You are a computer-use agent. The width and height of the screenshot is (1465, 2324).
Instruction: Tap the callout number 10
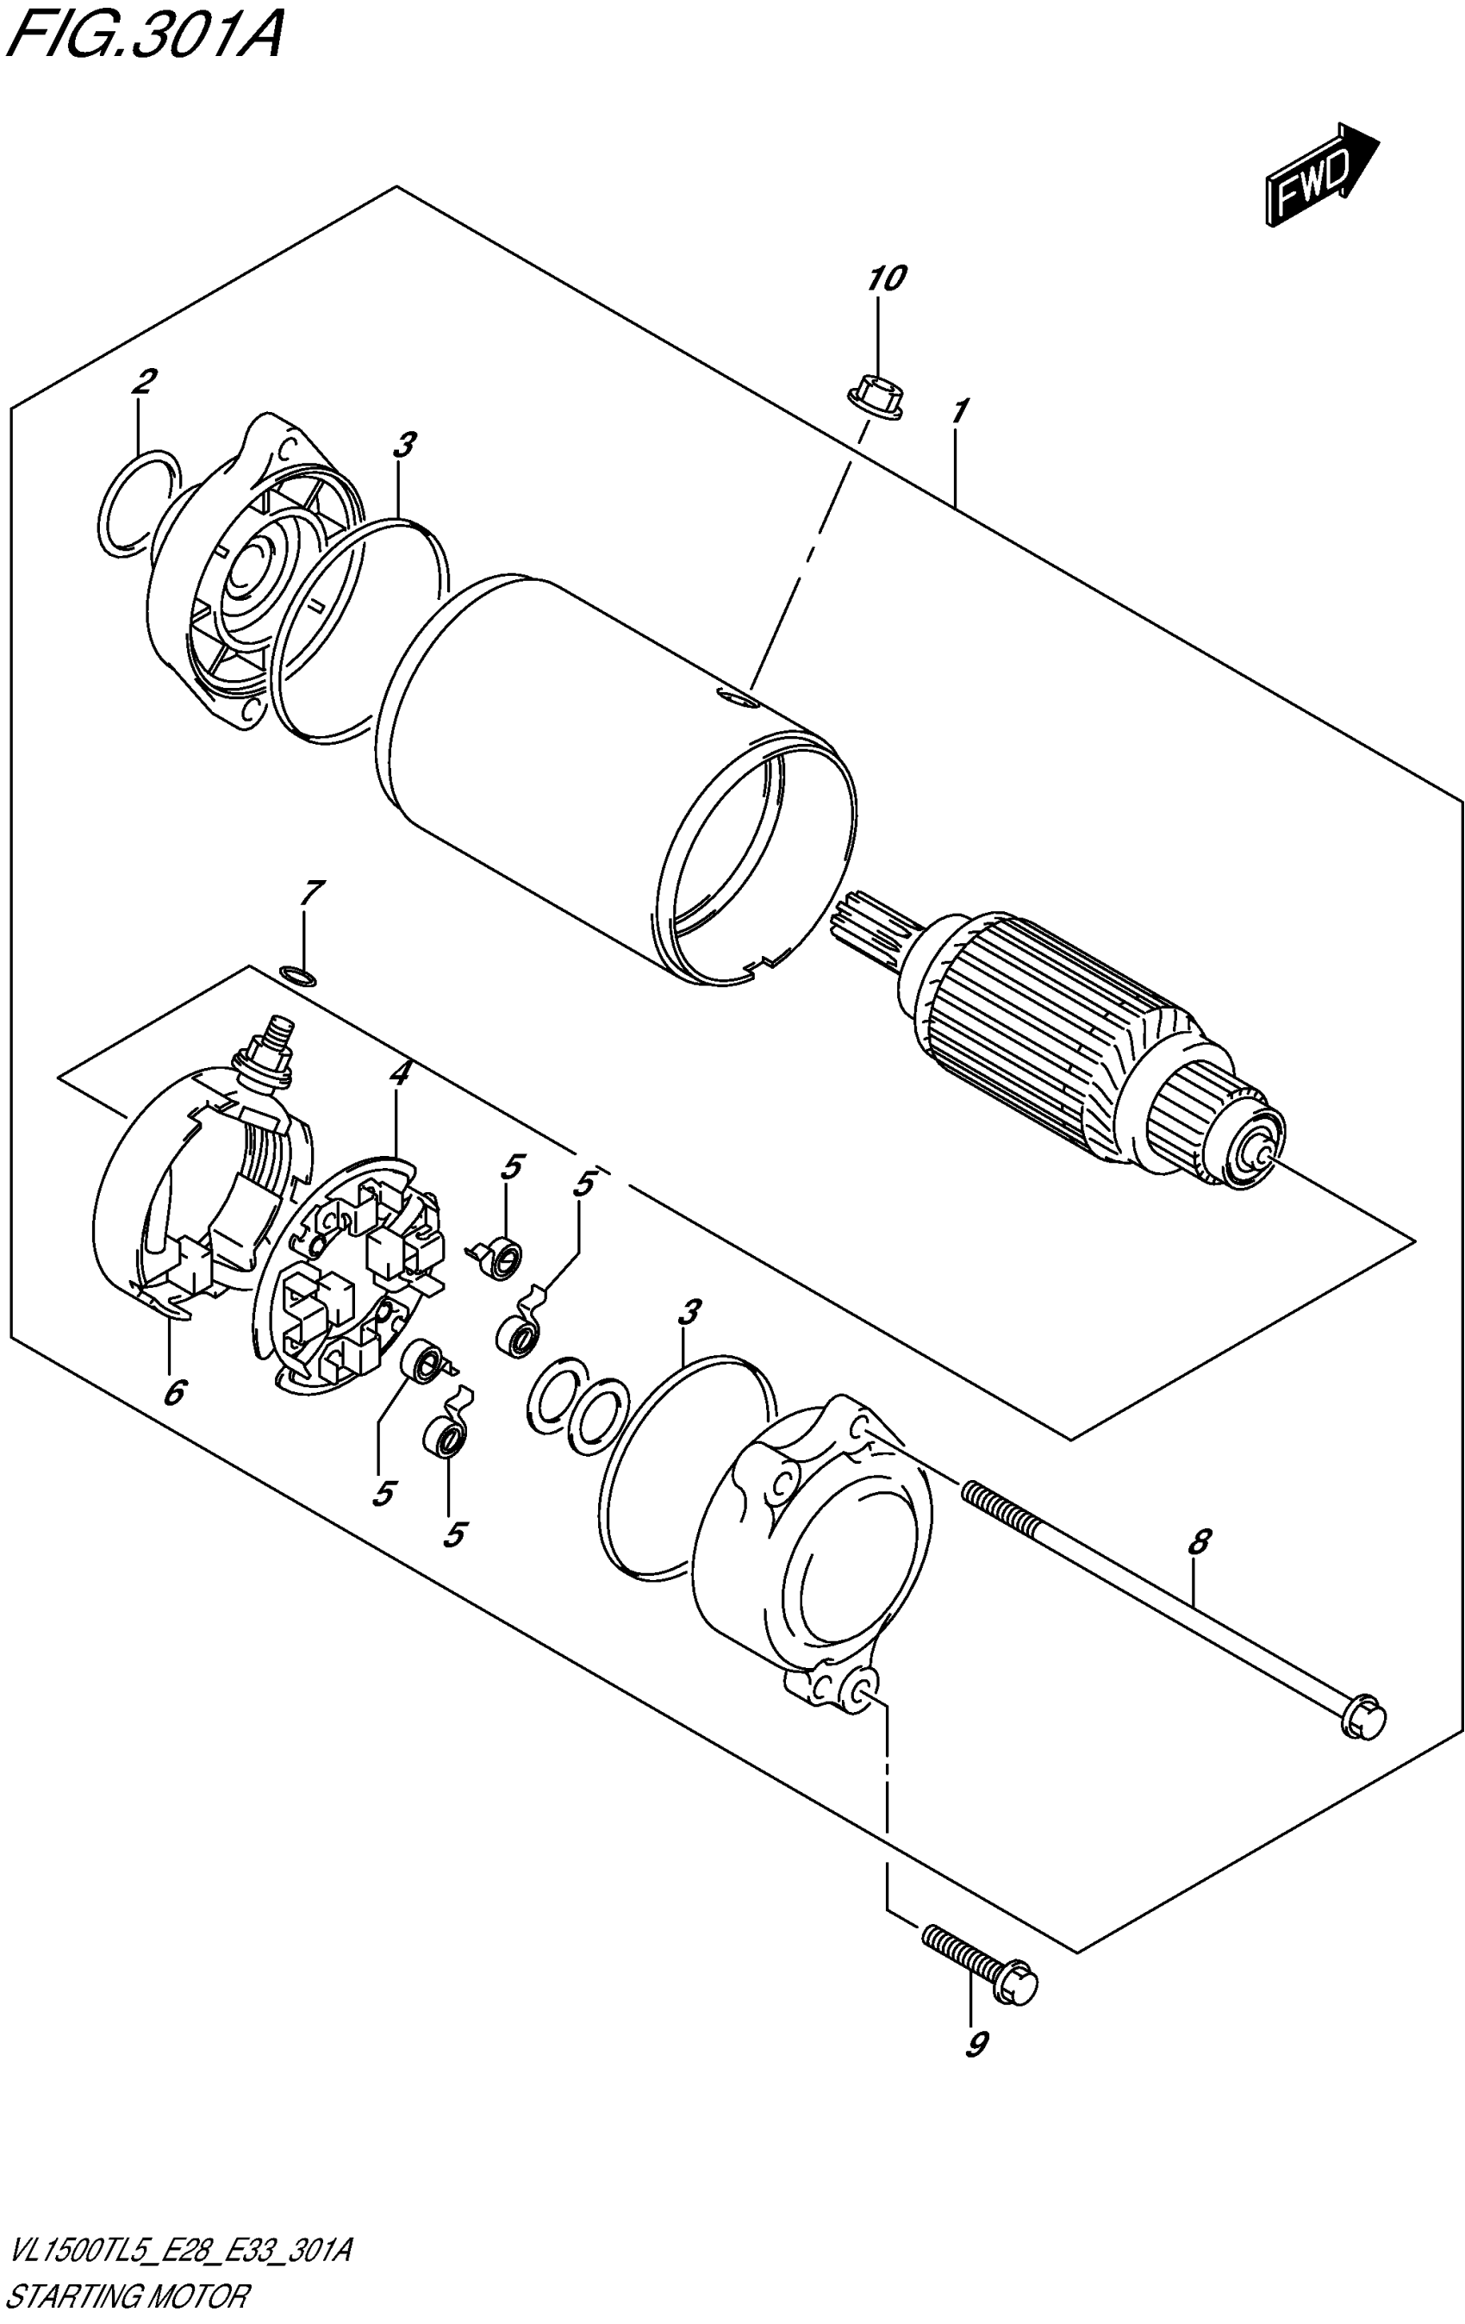886,279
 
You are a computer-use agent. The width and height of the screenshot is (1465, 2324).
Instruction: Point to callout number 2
142,381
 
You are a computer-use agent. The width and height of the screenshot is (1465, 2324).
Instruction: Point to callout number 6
174,1394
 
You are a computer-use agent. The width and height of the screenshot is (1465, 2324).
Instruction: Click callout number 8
1197,1541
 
